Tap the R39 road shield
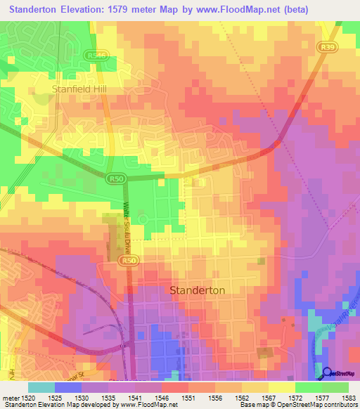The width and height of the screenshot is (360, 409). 325,47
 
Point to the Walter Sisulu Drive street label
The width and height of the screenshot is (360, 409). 128,228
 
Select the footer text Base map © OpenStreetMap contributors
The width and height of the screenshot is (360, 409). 297,405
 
